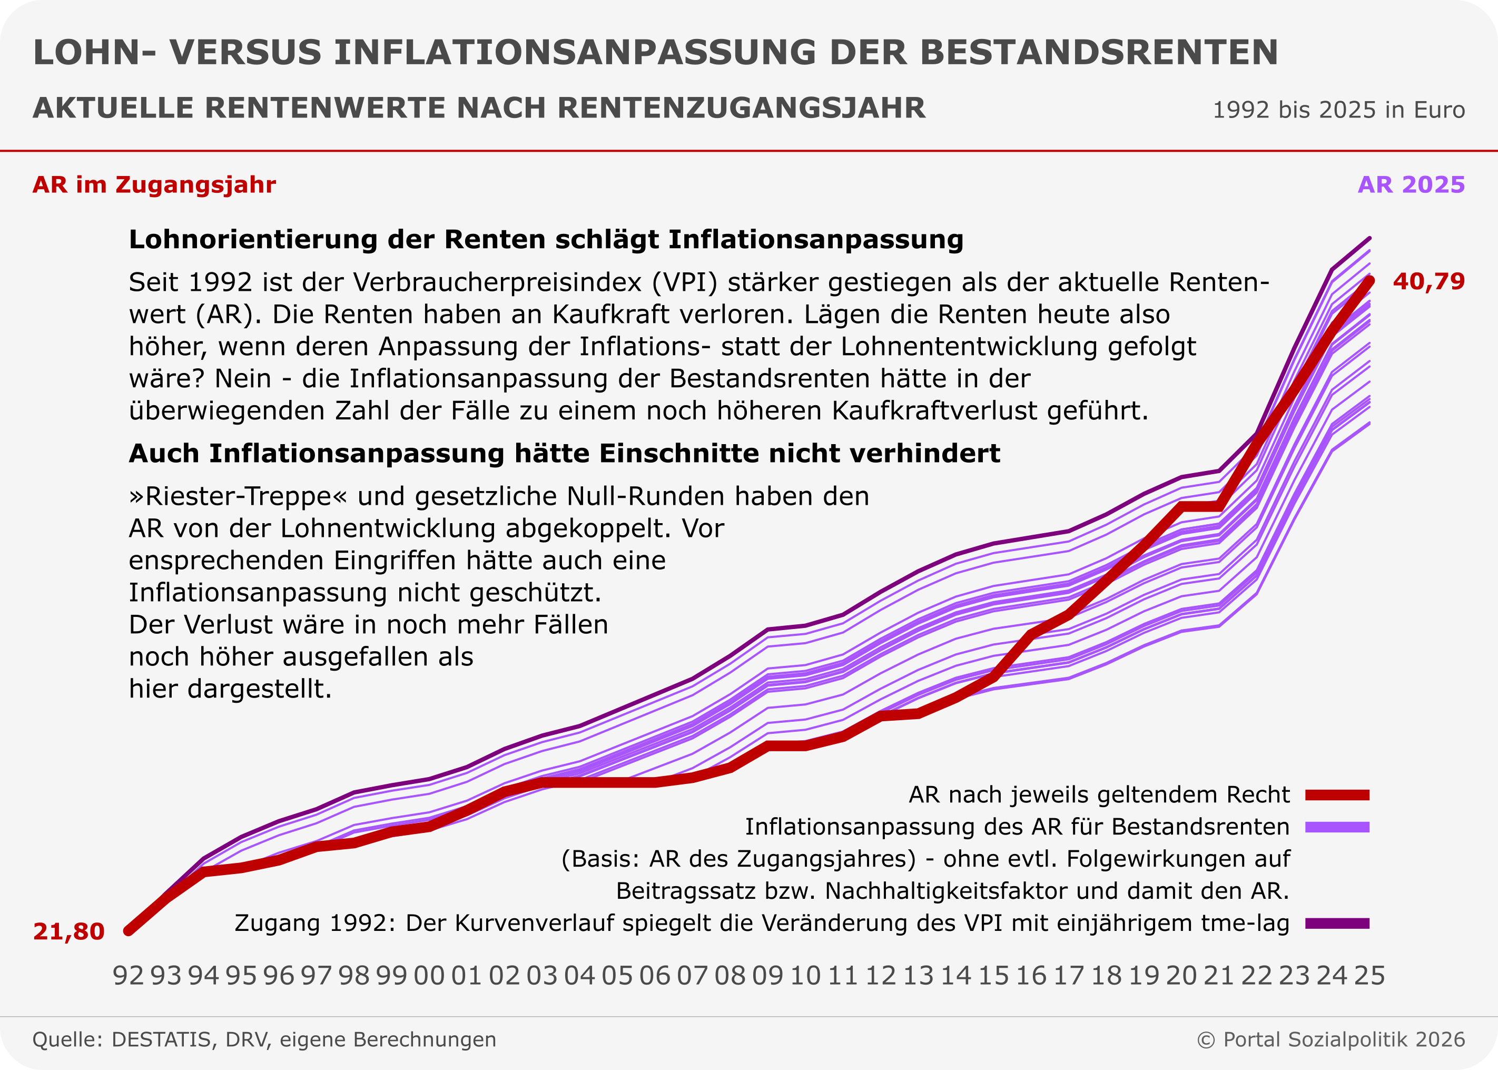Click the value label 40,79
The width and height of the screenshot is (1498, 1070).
(x=1428, y=282)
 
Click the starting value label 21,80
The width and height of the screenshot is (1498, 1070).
(x=68, y=931)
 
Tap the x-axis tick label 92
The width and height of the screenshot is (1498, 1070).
(x=128, y=975)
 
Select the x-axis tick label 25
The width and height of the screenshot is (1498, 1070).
(x=1369, y=975)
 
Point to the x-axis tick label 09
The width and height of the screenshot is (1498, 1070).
(x=767, y=975)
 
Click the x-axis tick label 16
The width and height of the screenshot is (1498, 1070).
(x=1031, y=975)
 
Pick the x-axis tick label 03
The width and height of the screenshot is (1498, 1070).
(x=541, y=975)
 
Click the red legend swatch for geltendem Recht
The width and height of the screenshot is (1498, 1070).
(x=1337, y=795)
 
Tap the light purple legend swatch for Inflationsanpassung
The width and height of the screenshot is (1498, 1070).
(x=1337, y=828)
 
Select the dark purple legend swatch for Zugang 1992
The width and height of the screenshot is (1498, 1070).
(x=1337, y=924)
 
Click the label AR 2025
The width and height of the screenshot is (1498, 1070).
(x=1411, y=185)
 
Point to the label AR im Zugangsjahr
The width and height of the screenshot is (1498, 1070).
(x=154, y=185)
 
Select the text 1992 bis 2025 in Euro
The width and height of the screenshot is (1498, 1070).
(x=1338, y=110)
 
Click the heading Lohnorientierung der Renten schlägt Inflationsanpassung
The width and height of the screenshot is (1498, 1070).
(x=546, y=240)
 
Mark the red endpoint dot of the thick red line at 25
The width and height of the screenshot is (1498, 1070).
(x=1369, y=281)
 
